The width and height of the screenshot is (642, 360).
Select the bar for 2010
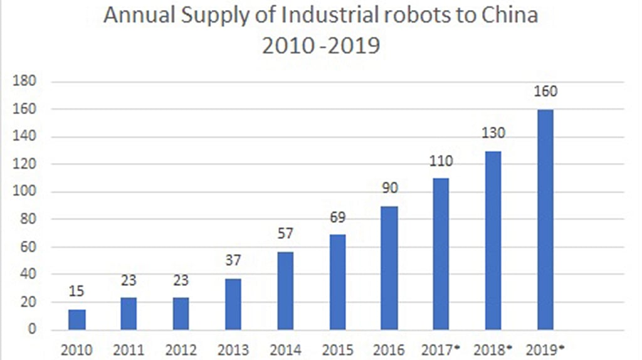coord(77,319)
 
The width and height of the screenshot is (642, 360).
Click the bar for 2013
coord(233,304)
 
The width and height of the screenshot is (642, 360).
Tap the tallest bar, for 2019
coord(545,220)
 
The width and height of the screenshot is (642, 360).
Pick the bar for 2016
coord(389,268)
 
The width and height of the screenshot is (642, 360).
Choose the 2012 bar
coord(181,314)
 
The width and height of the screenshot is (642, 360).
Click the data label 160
coord(545,91)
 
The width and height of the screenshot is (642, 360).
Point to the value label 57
coord(285,233)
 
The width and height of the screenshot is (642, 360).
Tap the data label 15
coord(76,291)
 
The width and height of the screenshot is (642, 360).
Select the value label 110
coord(441,161)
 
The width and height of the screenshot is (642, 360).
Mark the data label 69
coord(338,217)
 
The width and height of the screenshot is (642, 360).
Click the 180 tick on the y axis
coord(24,81)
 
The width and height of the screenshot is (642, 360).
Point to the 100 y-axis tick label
coord(24,191)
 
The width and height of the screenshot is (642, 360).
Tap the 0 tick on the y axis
coord(32,329)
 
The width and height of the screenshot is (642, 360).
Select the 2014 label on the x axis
coord(285,350)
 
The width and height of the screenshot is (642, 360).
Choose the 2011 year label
coord(129,350)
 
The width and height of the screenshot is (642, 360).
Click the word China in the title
coord(509,15)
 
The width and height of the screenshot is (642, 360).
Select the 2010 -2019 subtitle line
coord(321,45)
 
